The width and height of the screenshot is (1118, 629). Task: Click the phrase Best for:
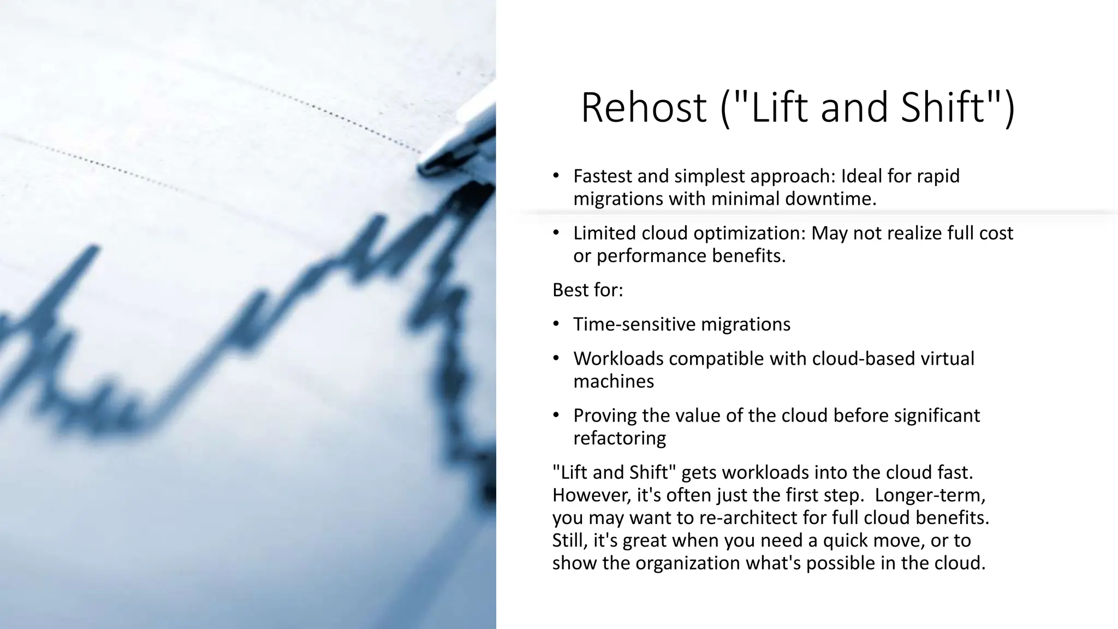587,290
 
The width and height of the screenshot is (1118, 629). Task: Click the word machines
613,381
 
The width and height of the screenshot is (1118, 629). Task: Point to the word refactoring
620,438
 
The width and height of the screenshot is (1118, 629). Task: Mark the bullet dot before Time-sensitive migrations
556,324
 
